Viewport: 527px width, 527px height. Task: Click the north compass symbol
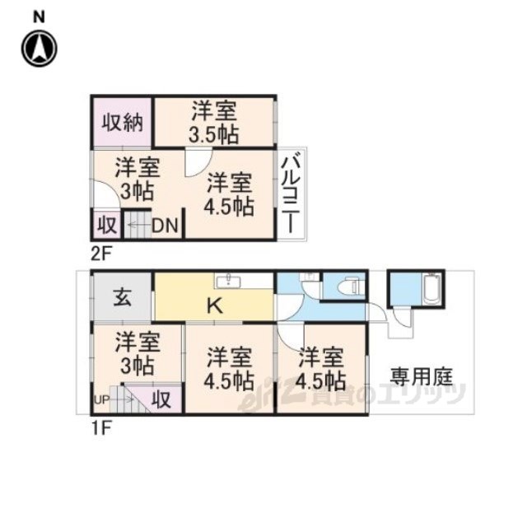[40, 49]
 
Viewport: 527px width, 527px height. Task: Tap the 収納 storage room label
[123, 122]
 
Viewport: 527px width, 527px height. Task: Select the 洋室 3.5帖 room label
[214, 123]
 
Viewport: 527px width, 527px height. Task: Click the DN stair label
[165, 226]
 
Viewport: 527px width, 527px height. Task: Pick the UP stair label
[101, 400]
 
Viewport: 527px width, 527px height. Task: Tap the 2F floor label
[100, 254]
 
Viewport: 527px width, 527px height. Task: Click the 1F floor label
[100, 428]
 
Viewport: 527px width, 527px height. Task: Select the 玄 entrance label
[122, 298]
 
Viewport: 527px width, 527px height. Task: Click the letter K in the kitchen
[214, 305]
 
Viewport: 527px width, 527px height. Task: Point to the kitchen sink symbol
[229, 281]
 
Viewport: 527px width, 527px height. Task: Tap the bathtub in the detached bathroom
[431, 289]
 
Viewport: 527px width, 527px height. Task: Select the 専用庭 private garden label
[421, 377]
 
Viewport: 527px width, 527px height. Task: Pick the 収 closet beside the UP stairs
[161, 399]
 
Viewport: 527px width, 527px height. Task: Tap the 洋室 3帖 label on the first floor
[138, 353]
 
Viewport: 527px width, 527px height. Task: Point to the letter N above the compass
[39, 16]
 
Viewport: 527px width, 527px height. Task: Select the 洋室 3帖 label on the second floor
[138, 180]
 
